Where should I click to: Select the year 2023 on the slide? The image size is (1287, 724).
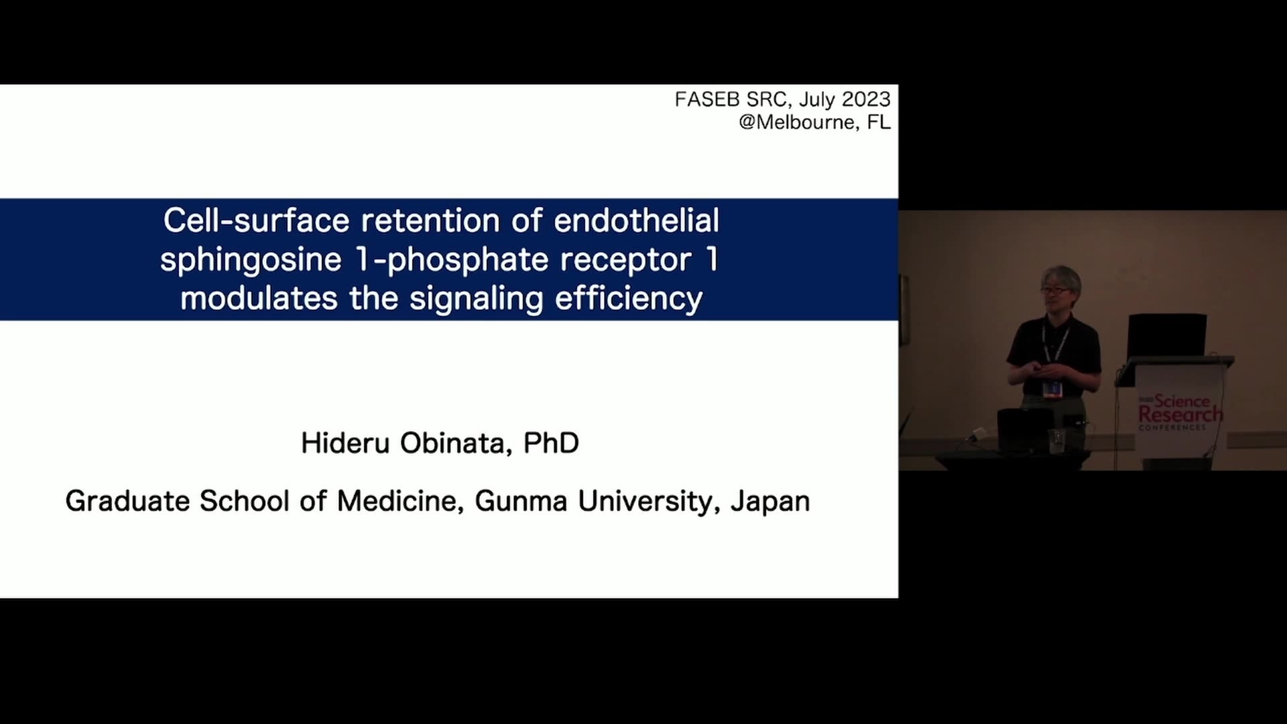tap(866, 99)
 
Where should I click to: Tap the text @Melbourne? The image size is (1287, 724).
tap(797, 122)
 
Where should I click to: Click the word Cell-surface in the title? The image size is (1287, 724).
tap(257, 221)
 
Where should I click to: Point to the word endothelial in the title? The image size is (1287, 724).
tap(637, 221)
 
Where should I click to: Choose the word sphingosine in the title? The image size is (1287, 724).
tap(251, 260)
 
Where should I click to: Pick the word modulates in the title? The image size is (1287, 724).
tap(259, 298)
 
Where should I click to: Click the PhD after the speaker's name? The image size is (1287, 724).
tap(551, 443)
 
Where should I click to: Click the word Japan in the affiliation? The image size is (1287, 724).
tap(770, 502)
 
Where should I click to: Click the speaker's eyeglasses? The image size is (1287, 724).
tap(1055, 289)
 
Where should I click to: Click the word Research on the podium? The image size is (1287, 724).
tap(1180, 415)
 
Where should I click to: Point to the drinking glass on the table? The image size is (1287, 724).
tap(1057, 440)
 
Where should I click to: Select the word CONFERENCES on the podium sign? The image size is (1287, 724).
tap(1172, 428)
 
